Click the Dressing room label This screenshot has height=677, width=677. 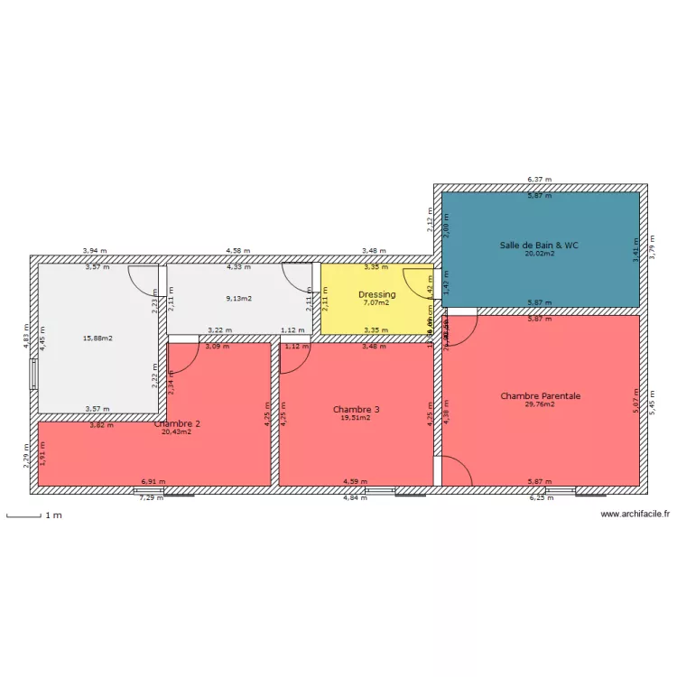pyautogui.click(x=376, y=294)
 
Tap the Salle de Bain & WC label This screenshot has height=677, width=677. pyautogui.click(x=540, y=245)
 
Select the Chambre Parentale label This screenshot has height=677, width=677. pyautogui.click(x=540, y=395)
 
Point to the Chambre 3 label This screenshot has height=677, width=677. pyautogui.click(x=356, y=409)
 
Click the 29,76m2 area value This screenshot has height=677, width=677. pyautogui.click(x=540, y=405)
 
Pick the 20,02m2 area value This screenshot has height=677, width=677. pyautogui.click(x=540, y=255)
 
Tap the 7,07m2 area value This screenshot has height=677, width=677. pyautogui.click(x=376, y=303)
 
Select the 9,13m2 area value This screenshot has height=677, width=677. pyautogui.click(x=238, y=299)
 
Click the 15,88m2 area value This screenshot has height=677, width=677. pyautogui.click(x=97, y=338)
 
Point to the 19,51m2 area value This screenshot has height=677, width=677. pyautogui.click(x=356, y=418)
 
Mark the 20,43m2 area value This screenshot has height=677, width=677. pyautogui.click(x=177, y=432)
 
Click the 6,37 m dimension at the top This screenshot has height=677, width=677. pyautogui.click(x=540, y=180)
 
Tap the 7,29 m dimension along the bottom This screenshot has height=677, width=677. pyautogui.click(x=151, y=498)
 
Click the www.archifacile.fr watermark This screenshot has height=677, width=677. pyautogui.click(x=635, y=515)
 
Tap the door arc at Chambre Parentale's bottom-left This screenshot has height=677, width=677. pyautogui.click(x=456, y=468)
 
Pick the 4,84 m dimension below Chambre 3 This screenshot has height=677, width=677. pyautogui.click(x=355, y=498)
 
